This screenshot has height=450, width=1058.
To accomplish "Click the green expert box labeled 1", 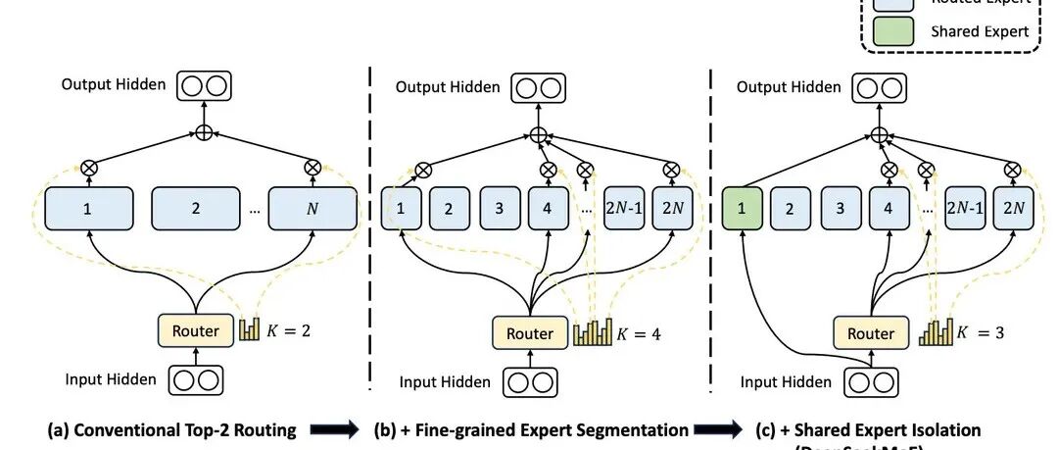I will point(741,209).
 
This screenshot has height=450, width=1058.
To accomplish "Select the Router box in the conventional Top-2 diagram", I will point(195,331).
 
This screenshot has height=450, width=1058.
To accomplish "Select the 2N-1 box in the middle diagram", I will point(624,209).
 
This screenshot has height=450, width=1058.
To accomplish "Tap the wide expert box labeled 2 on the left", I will point(196,209).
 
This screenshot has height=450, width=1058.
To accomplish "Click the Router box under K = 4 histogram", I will point(529,333).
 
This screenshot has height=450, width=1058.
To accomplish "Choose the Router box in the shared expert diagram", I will point(871,333).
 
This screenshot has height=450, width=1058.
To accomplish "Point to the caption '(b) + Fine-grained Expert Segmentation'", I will point(530,429).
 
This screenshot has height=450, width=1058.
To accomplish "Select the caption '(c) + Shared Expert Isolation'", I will point(867,429).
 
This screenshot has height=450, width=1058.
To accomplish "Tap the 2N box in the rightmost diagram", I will point(1013,209).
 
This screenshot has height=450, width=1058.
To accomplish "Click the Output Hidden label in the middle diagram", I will point(448,87).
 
